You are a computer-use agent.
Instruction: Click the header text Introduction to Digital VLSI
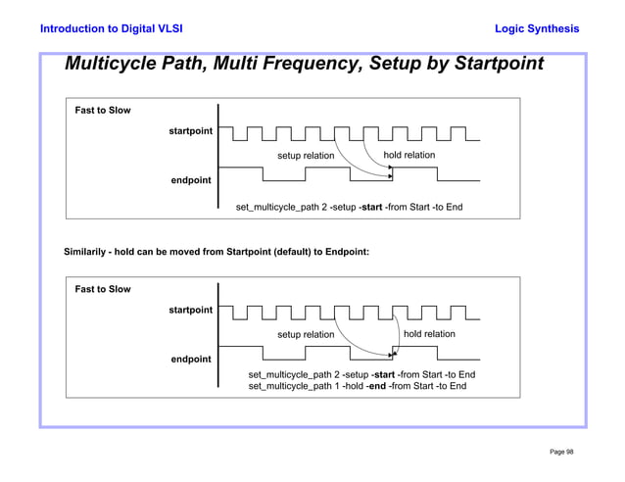click(x=111, y=29)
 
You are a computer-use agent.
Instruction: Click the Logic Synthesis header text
click(x=537, y=29)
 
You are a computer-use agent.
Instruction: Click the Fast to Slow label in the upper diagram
click(x=103, y=111)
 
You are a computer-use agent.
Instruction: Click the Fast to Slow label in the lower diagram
click(x=103, y=289)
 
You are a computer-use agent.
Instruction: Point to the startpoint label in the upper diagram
click(x=190, y=131)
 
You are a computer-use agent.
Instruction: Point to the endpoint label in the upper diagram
click(x=191, y=180)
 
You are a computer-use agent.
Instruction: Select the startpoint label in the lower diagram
click(x=190, y=310)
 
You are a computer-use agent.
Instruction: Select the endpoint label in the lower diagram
click(x=191, y=360)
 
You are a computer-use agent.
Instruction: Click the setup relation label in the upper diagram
click(x=306, y=156)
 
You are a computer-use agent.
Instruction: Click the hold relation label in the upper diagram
click(x=409, y=155)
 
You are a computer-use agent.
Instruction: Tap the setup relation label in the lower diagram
click(x=306, y=335)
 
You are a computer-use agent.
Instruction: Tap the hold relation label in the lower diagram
click(x=429, y=334)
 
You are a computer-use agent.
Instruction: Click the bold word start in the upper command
click(x=371, y=208)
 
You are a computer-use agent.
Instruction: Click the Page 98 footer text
click(x=561, y=452)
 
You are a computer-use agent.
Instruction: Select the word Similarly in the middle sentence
click(x=86, y=252)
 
